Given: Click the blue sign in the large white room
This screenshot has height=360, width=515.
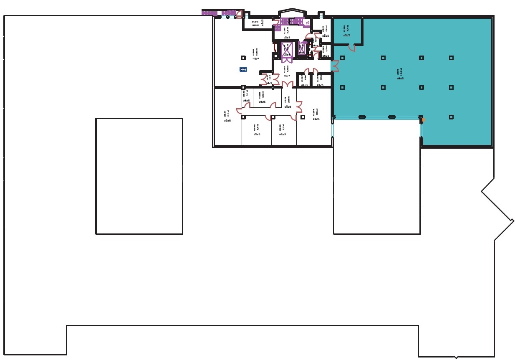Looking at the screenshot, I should pyautogui.click(x=244, y=69).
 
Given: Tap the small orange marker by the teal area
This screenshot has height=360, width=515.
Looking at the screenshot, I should pyautogui.click(x=423, y=120).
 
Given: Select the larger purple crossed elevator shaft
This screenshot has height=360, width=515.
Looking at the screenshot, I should pyautogui.click(x=287, y=50).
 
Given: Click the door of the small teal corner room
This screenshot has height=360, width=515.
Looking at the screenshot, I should pyautogui.click(x=352, y=48).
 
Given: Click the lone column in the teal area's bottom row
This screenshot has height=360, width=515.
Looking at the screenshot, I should pyautogui.click(x=451, y=117).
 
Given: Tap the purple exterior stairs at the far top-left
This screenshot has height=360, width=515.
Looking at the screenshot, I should pyautogui.click(x=209, y=13).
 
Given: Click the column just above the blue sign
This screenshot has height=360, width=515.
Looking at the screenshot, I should pyautogui.click(x=243, y=58).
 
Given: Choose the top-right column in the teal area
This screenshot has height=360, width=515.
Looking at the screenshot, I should pyautogui.click(x=451, y=58).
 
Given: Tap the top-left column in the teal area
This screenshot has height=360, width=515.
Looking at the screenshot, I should pyautogui.click(x=342, y=58).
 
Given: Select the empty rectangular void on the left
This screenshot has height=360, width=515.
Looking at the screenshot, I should pyautogui.click(x=139, y=176).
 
